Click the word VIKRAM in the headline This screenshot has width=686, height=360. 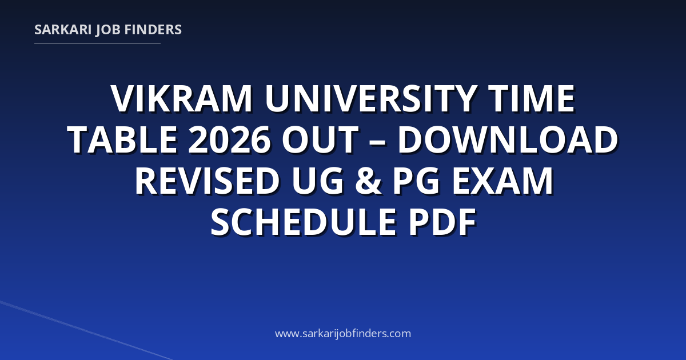(x=182, y=98)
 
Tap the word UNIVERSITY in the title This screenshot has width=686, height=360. (x=370, y=98)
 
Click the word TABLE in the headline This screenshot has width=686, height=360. (x=122, y=139)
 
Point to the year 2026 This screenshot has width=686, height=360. (x=229, y=139)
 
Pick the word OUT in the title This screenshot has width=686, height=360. (x=320, y=139)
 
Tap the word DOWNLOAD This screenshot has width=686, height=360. (x=508, y=139)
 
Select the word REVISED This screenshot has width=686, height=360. (x=208, y=181)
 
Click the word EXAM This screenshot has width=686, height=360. (x=502, y=181)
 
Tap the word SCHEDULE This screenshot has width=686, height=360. (x=304, y=221)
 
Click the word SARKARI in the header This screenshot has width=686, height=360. (x=63, y=30)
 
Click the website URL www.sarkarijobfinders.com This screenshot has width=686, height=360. (x=343, y=333)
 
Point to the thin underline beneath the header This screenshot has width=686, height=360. (x=97, y=43)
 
